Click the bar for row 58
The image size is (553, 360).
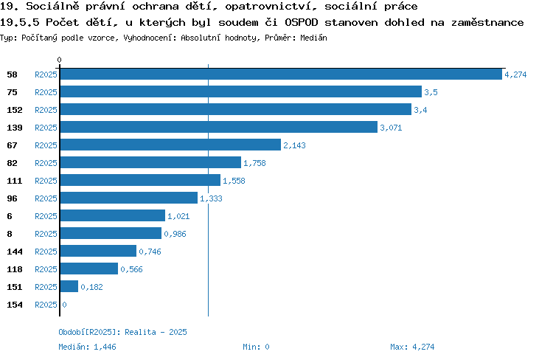point(281,74)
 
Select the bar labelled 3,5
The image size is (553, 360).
point(241,91)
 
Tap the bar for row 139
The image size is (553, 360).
point(219,127)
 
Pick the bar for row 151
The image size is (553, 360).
point(69,286)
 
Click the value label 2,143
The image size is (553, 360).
point(294,145)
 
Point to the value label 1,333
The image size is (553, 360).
point(212,198)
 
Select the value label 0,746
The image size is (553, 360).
point(150,252)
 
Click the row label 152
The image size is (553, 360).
point(15,110)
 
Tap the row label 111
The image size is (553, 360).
point(15,181)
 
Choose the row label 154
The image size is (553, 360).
point(15,305)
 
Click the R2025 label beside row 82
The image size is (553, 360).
point(46,163)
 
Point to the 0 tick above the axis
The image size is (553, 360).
point(59,60)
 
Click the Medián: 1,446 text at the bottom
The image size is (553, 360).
point(87,347)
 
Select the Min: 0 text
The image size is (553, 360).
point(256,347)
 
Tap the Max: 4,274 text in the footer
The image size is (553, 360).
point(412,347)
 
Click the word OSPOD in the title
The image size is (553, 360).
point(301,22)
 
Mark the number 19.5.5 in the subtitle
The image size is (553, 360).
point(19,22)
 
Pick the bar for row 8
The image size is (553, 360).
point(111,233)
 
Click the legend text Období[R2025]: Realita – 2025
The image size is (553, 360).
point(122,332)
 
